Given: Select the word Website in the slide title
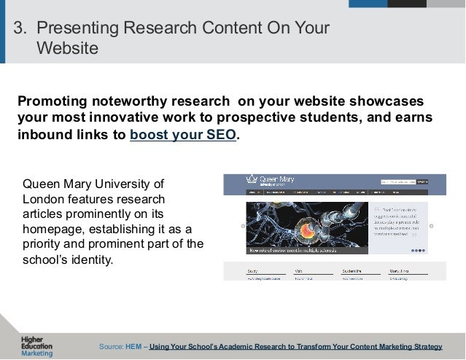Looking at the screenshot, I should pos(66,49).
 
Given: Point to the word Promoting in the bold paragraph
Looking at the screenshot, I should pos(56,99).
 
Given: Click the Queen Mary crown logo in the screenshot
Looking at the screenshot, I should pos(252,179).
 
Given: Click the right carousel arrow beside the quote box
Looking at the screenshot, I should pos(431,227).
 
